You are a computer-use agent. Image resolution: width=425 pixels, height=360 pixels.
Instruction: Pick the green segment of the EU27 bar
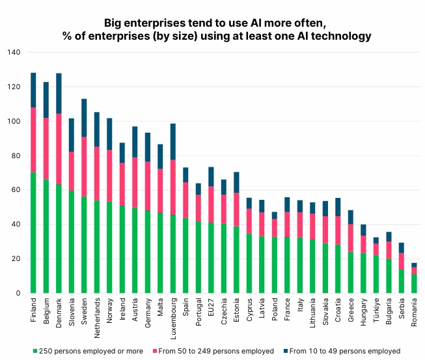[211, 258]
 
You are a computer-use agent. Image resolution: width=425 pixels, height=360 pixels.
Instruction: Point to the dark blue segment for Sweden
[84, 118]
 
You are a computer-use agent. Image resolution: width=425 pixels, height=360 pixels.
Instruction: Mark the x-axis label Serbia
[402, 310]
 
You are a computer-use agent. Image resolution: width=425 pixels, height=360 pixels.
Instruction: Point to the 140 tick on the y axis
[14, 53]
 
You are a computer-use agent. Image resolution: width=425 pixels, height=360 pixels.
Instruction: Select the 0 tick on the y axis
[20, 294]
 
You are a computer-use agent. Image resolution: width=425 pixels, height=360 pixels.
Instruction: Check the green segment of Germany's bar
[148, 252]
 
